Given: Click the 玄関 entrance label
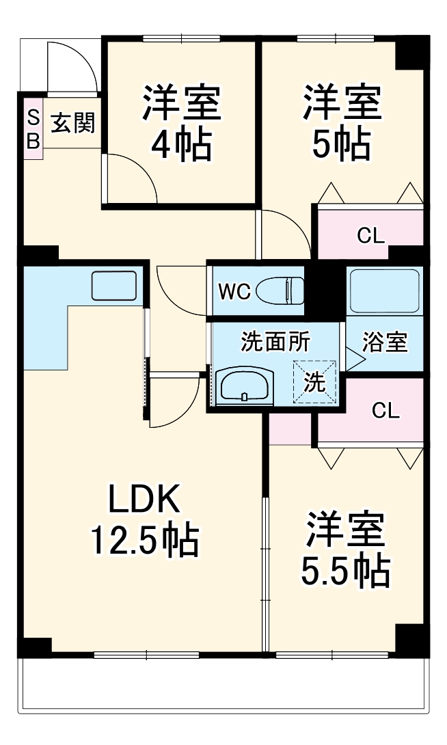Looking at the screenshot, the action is (73, 123).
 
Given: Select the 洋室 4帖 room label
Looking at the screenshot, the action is (182, 122).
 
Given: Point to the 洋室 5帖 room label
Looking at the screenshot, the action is (342, 122).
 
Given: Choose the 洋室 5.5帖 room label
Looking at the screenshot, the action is (345, 550).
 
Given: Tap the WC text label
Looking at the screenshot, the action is (234, 291).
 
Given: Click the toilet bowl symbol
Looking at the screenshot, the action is (280, 290).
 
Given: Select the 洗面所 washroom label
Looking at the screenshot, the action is (275, 342).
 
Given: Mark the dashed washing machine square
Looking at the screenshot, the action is (314, 382).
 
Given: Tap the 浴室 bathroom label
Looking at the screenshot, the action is (385, 342).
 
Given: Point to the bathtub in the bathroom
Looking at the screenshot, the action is (384, 290).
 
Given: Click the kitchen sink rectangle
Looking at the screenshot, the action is (114, 286).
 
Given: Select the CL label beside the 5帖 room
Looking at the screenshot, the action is (371, 235).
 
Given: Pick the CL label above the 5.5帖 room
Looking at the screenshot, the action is (385, 411).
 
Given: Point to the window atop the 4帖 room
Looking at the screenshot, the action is (181, 39).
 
